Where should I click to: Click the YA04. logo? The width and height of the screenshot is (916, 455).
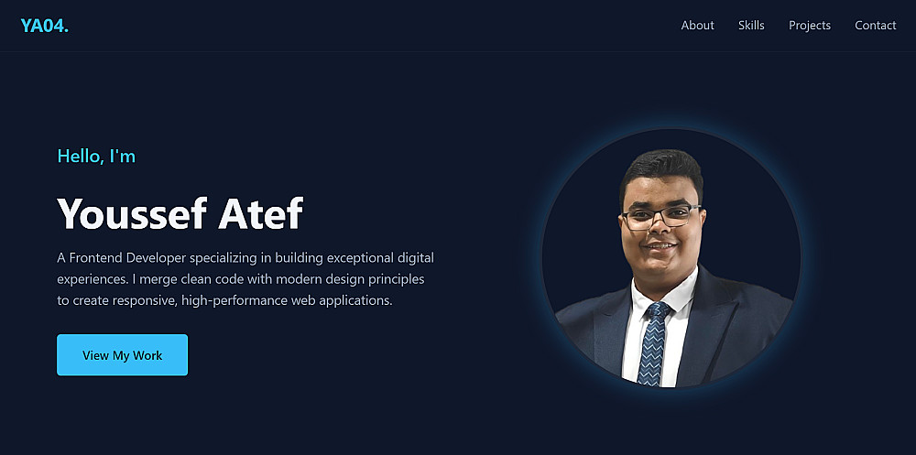pos(44,26)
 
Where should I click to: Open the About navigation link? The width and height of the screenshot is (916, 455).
pos(697,25)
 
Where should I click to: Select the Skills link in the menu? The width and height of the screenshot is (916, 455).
pos(751,25)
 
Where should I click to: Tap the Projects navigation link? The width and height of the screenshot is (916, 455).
pos(810,26)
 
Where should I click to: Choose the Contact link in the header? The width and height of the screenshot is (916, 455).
pos(875,25)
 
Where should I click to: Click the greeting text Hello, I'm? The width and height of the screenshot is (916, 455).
pos(96,156)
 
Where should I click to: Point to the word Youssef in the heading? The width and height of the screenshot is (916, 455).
pos(132,213)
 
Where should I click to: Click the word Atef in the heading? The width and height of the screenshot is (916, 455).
pos(260,213)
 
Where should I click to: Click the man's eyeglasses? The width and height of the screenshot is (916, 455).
pos(661,216)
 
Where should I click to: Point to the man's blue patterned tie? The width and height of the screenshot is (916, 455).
pos(654,344)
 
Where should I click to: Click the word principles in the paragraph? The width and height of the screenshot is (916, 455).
pos(396,279)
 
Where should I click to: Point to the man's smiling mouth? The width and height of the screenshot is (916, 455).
pos(660,246)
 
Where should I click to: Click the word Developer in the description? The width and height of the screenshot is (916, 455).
pos(156,257)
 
